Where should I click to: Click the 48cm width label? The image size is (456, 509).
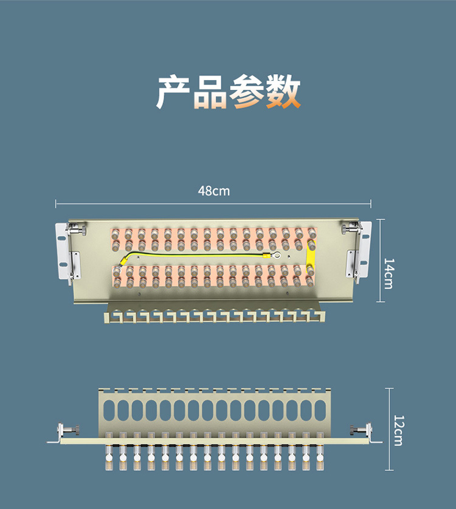[x=214, y=191]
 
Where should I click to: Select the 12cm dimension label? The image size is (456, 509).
[x=398, y=430]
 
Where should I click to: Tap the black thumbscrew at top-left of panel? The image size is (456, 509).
[x=77, y=230]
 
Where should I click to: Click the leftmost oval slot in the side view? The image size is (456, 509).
[x=109, y=410]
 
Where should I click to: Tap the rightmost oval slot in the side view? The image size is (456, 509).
[x=320, y=410]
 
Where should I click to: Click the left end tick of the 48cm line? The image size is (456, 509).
[x=56, y=203]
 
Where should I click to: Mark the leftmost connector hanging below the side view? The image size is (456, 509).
[x=109, y=456]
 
